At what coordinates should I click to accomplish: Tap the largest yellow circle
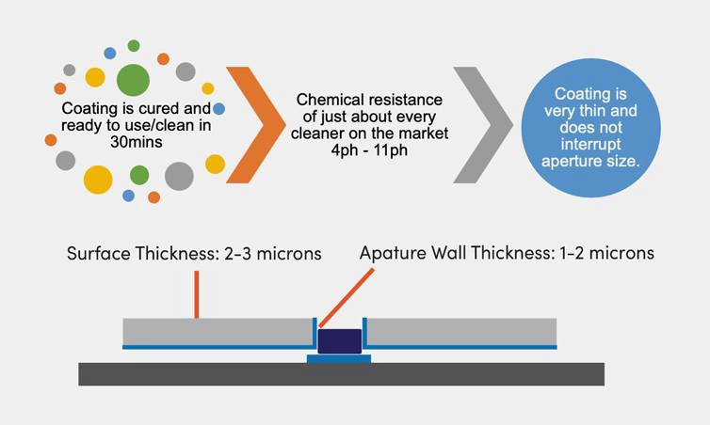(98, 179)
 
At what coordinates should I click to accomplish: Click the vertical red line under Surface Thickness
(196, 293)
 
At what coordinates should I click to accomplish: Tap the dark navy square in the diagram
(339, 340)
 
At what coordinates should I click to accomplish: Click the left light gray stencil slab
(217, 331)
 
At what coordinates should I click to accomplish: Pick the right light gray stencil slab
(461, 331)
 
